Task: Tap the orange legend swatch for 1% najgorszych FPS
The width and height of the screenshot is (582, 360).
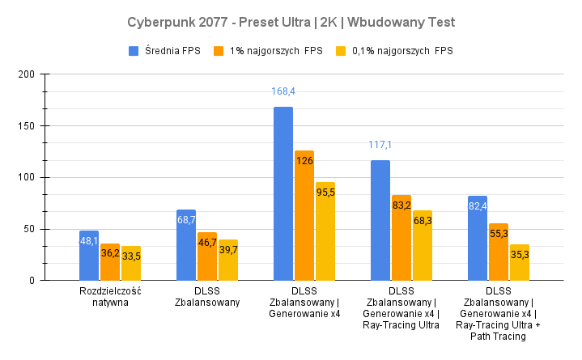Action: tap(218, 51)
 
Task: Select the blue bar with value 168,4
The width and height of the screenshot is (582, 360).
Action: tap(283, 194)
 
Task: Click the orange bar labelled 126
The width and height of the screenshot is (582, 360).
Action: tap(304, 215)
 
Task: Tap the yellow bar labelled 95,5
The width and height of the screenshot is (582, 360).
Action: tap(325, 231)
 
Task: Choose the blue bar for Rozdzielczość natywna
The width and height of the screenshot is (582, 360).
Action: tap(89, 256)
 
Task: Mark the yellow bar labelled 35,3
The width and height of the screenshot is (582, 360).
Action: tap(520, 262)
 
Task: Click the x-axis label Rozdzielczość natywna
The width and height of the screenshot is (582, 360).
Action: tap(110, 297)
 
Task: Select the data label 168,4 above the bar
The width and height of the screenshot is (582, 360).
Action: tap(283, 91)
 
